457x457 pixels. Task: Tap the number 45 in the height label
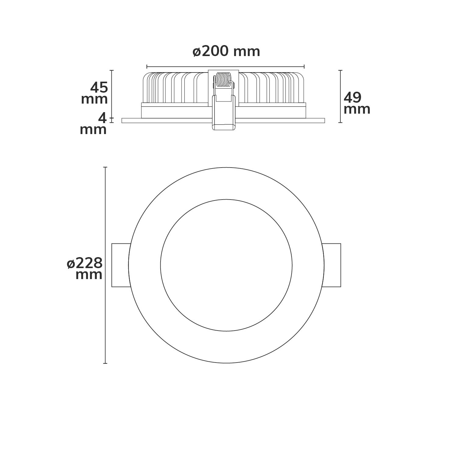click(99, 88)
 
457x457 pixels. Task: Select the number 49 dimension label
click(352, 98)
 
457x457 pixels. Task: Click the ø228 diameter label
click(85, 263)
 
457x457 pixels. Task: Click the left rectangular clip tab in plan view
click(121, 265)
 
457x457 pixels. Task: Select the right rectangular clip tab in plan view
click(331, 265)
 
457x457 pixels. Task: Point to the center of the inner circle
click(226, 265)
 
